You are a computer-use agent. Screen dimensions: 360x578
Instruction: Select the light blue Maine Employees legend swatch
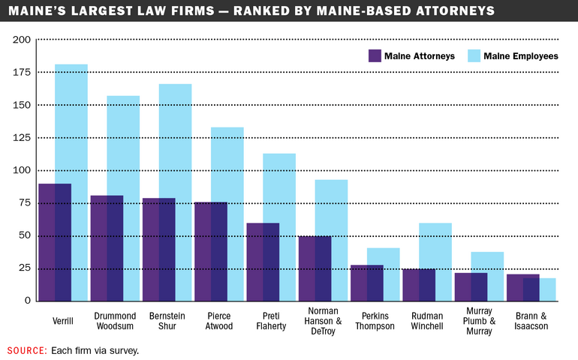pos(474,56)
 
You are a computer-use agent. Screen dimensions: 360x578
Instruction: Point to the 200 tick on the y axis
pos(22,40)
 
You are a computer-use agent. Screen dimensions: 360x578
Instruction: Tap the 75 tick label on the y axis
pos(24,202)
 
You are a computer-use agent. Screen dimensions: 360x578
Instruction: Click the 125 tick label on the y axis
pos(22,137)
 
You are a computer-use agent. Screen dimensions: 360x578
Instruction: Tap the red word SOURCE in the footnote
pos(27,350)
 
